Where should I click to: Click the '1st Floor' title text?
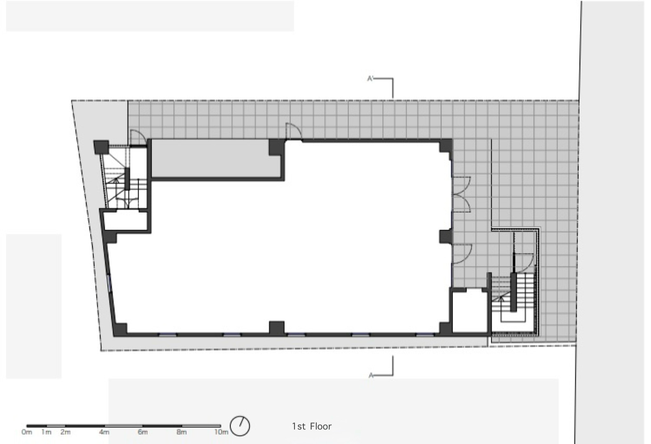pyautogui.click(x=311, y=426)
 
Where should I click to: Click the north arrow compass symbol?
pyautogui.click(x=240, y=425)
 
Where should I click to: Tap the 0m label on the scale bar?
pyautogui.click(x=27, y=432)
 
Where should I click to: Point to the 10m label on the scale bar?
pyautogui.click(x=221, y=432)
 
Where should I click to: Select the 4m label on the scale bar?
pyautogui.click(x=104, y=432)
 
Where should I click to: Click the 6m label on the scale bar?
pyautogui.click(x=143, y=432)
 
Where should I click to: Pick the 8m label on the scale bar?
pyautogui.click(x=181, y=432)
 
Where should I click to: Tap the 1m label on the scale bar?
pyautogui.click(x=46, y=432)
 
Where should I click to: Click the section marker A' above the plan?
pyautogui.click(x=370, y=79)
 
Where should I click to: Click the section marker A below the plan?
pyautogui.click(x=371, y=375)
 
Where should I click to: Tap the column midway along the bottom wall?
pyautogui.click(x=277, y=328)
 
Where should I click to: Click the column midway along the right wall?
pyautogui.click(x=445, y=236)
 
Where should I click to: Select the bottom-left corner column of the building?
pyautogui.click(x=120, y=329)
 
